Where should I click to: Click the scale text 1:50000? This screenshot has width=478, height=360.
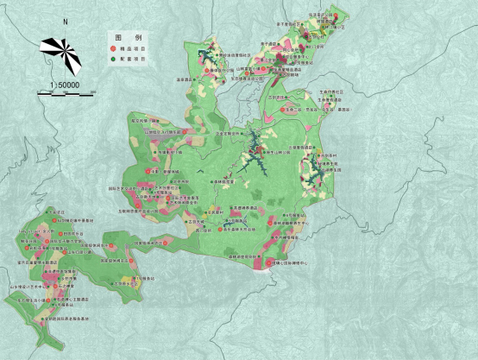point(64,84)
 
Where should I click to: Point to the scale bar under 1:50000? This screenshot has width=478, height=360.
point(65,92)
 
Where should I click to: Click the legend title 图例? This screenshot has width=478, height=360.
point(121,41)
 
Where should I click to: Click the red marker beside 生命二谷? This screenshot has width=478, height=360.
point(281,111)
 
